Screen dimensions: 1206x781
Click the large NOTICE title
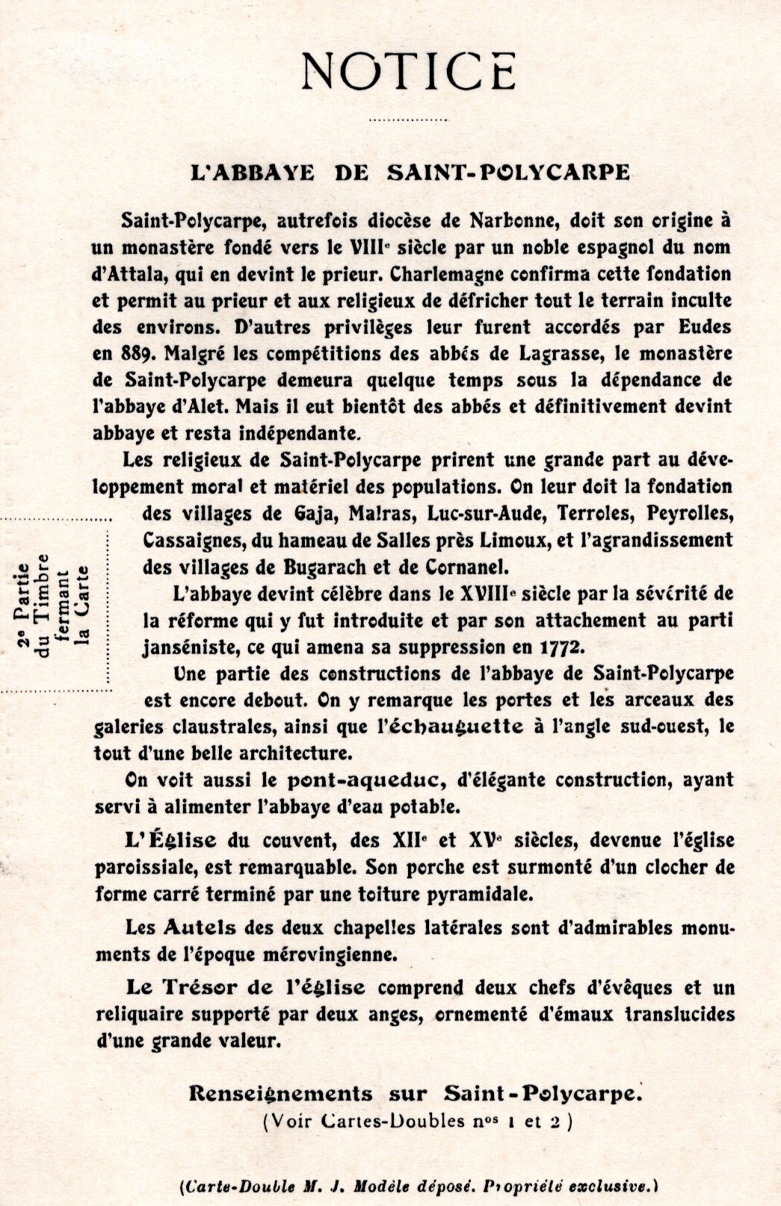coord(407,72)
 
